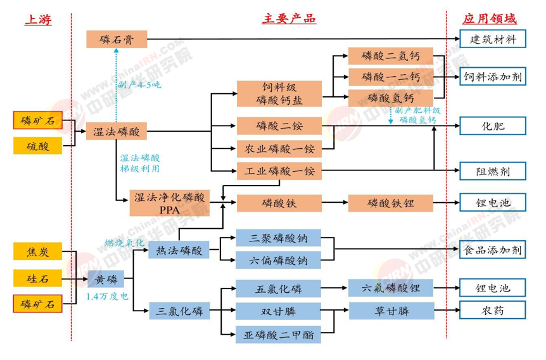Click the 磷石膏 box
pyautogui.click(x=117, y=39)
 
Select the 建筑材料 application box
pyautogui.click(x=493, y=39)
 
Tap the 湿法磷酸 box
pyautogui.click(x=117, y=131)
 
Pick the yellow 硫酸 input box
pyautogui.click(x=37, y=146)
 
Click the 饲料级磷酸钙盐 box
pyautogui.click(x=279, y=94)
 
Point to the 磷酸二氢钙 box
pyautogui.click(x=391, y=56)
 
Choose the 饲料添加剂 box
pyautogui.click(x=493, y=77)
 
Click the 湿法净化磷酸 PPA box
pyautogui.click(x=170, y=203)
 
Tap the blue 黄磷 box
pyautogui.click(x=106, y=279)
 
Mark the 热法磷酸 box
pyautogui.click(x=179, y=250)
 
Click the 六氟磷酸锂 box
pyautogui.click(x=391, y=288)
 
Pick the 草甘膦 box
pyautogui.click(x=391, y=311)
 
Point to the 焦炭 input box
pyautogui.click(x=37, y=251)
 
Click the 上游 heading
pyautogui.click(x=38, y=20)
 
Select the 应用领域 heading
pyautogui.click(x=490, y=19)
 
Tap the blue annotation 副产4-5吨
pyautogui.click(x=139, y=85)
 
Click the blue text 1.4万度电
pyautogui.click(x=107, y=296)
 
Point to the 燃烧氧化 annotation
pyautogui.click(x=125, y=243)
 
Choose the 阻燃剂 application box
pyautogui.click(x=493, y=171)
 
